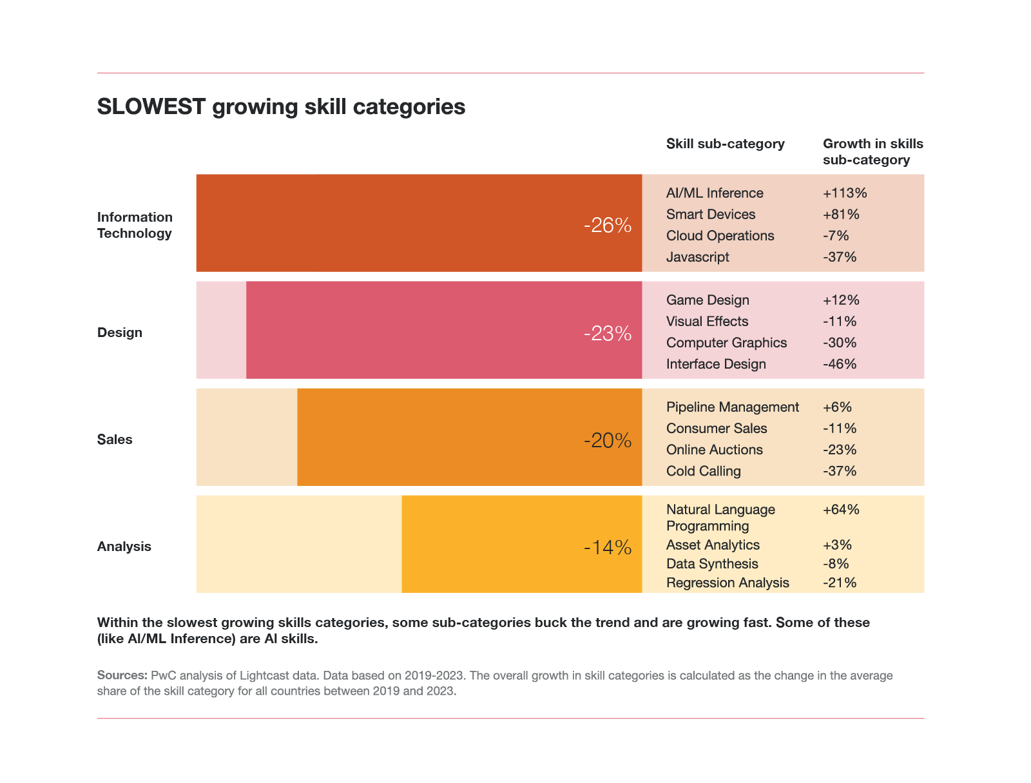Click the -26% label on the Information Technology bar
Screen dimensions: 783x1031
click(x=607, y=226)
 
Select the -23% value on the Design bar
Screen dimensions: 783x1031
click(x=607, y=333)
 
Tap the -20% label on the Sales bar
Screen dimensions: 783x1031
click(x=607, y=441)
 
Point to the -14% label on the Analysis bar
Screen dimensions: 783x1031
click(x=607, y=548)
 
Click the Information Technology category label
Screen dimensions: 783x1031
click(x=135, y=225)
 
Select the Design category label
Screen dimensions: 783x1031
click(x=120, y=333)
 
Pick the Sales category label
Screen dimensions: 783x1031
click(x=115, y=440)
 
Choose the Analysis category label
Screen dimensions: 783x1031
click(x=124, y=546)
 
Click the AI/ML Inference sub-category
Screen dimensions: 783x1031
click(x=715, y=193)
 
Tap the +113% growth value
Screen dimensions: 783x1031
click(x=845, y=193)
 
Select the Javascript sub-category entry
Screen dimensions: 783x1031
click(x=698, y=257)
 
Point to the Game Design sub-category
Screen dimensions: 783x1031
click(x=708, y=300)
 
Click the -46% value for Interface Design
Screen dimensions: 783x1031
click(x=840, y=364)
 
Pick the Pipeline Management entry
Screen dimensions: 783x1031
click(x=733, y=407)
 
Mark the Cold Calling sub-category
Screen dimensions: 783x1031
click(x=704, y=471)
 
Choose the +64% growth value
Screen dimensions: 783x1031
click(x=841, y=510)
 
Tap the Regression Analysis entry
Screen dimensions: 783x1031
click(x=727, y=583)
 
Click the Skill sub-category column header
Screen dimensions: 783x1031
click(x=726, y=144)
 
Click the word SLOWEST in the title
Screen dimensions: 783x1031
click(x=151, y=107)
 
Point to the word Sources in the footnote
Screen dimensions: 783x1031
click(x=122, y=675)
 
